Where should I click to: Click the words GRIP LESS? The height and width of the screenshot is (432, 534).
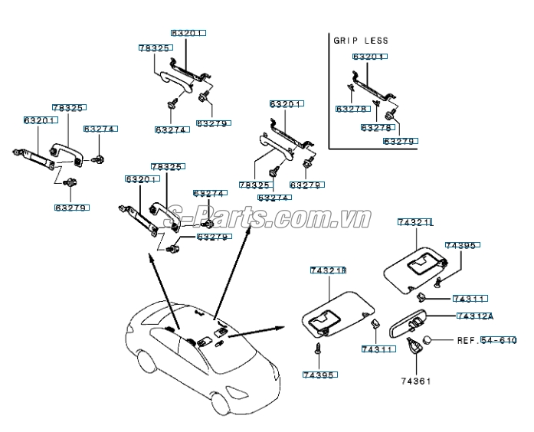[360, 40]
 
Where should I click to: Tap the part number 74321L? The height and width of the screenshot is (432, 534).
[415, 222]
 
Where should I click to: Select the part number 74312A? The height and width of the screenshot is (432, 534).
[475, 316]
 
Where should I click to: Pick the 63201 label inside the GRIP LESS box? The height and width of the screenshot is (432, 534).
[370, 57]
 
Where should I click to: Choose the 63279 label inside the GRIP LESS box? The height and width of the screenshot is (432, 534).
[399, 142]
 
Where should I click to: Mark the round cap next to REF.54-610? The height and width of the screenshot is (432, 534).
[432, 340]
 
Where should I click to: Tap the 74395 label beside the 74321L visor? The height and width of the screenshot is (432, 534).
[461, 246]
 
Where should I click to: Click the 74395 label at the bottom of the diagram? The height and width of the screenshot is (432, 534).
[319, 375]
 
